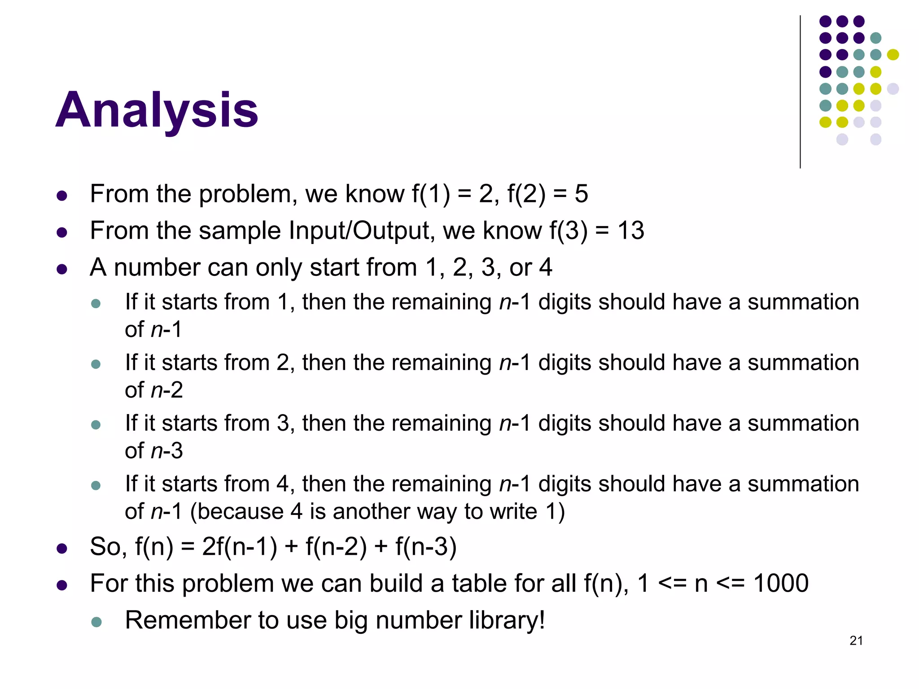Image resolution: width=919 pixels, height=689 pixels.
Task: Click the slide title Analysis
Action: coord(157,110)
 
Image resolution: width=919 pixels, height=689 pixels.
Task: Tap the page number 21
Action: coord(856,641)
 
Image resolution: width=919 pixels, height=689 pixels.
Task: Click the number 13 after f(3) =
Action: coord(630,231)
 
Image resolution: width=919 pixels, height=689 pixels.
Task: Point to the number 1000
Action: coord(781,583)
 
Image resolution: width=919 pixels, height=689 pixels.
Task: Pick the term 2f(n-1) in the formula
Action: coord(240,547)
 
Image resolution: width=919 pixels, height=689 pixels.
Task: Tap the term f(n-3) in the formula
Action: coord(426,547)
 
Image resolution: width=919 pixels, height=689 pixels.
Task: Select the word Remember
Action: coord(188,620)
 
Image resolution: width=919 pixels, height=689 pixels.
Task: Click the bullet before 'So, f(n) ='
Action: coord(62,548)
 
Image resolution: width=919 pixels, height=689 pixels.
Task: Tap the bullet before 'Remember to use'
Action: coord(96,622)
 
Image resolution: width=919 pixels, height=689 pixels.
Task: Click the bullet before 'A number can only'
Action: coord(62,269)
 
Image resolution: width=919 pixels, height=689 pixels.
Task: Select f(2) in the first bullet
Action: coord(526,194)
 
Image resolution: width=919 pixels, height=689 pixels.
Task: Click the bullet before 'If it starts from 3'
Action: coord(96,424)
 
